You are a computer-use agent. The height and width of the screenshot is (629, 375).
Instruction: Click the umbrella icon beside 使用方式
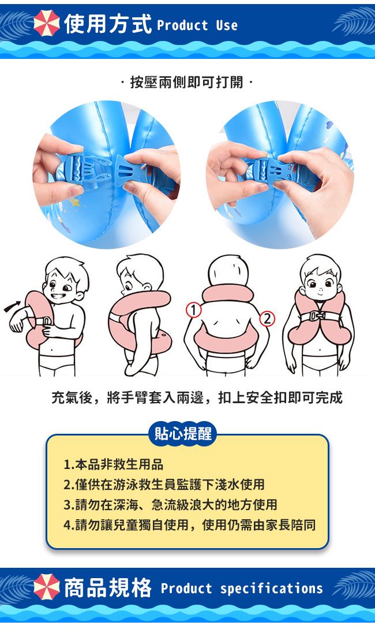[x=47, y=23]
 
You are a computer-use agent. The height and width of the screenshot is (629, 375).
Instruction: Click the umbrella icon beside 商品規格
[x=47, y=586]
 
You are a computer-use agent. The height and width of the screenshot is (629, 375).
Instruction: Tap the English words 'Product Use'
[x=197, y=25]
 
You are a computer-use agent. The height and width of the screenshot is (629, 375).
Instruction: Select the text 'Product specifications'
[x=242, y=589]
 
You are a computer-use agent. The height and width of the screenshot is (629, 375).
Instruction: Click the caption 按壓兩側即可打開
[x=187, y=82]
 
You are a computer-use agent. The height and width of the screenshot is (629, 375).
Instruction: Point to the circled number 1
[x=193, y=310]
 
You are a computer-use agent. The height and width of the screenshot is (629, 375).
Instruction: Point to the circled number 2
[x=267, y=318]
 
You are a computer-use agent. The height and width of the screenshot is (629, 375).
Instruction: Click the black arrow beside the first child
[x=12, y=306]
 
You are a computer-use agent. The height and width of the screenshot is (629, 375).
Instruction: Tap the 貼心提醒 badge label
[x=183, y=434]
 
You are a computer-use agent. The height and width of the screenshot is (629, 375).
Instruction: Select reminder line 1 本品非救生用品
[x=114, y=464]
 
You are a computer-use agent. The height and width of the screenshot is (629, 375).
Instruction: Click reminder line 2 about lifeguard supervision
[x=164, y=484]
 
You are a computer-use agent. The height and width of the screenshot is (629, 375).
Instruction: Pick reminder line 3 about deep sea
[x=170, y=504]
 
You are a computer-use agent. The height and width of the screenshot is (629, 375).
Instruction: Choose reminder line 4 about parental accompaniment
[x=189, y=524]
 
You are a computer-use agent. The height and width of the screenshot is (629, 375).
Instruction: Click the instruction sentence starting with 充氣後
[x=197, y=397]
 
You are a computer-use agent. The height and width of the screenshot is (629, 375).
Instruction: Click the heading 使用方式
[x=108, y=23]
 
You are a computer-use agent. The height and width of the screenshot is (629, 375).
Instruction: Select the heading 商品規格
[x=108, y=587]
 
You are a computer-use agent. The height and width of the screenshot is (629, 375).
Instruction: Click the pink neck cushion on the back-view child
[x=227, y=293]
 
